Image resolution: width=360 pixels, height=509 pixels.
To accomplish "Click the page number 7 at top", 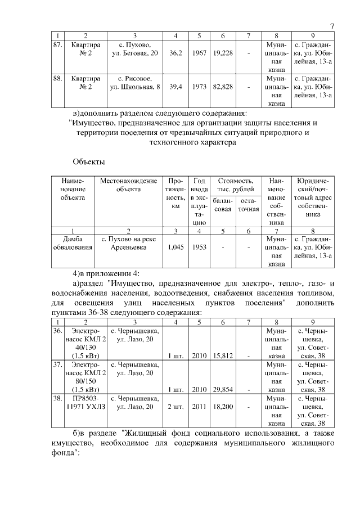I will (331, 26).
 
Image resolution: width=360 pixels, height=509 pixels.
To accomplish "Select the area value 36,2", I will (175, 53).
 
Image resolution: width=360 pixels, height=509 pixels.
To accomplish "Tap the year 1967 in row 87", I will (199, 53).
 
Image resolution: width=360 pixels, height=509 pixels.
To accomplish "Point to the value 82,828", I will (223, 87).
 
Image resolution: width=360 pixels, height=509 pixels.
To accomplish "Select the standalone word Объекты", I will (89, 163).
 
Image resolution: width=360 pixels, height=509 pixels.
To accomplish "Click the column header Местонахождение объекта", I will (128, 185).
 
